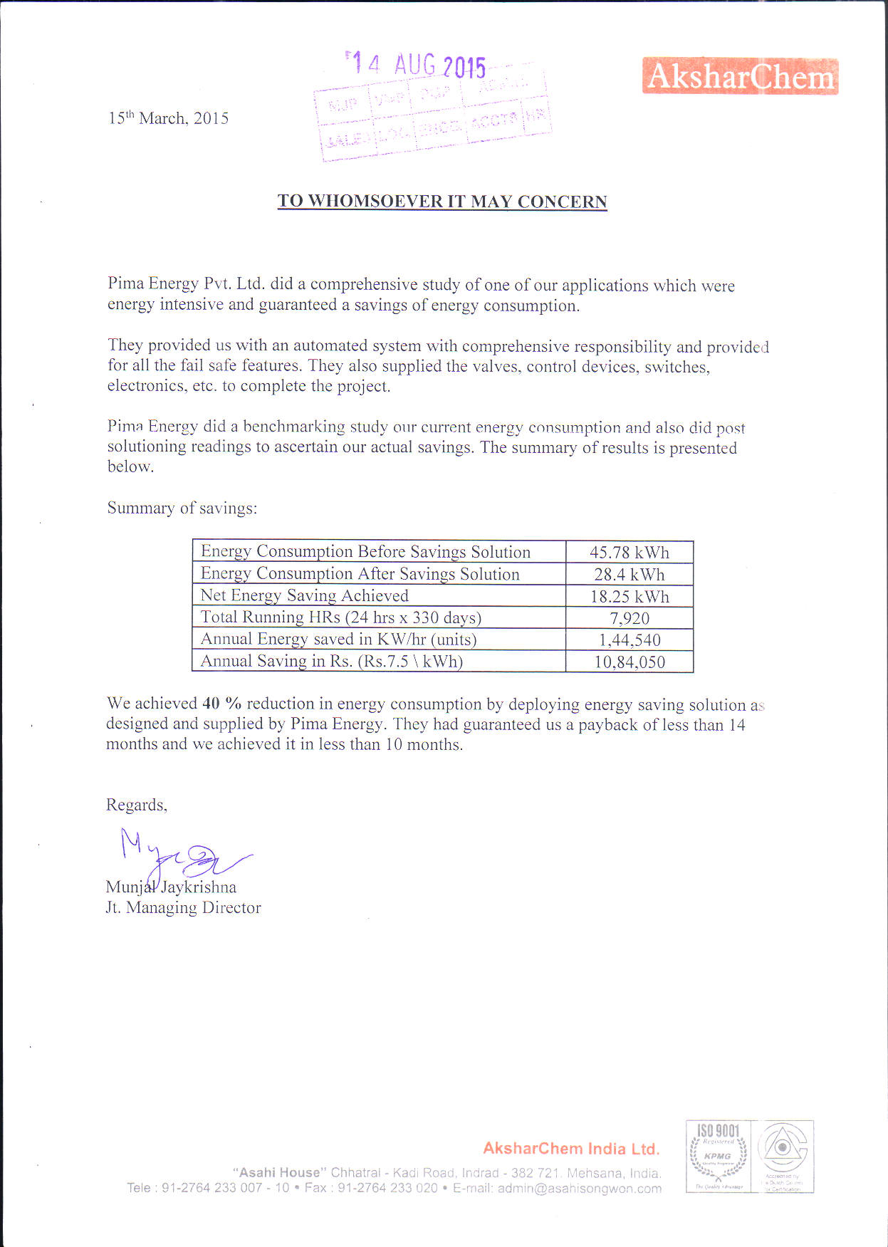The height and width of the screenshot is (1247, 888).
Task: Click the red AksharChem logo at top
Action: [740, 76]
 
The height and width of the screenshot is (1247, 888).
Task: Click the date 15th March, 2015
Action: [168, 118]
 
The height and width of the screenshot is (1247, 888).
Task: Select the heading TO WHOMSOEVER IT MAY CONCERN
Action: [442, 202]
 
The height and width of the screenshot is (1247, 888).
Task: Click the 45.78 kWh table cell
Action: [630, 553]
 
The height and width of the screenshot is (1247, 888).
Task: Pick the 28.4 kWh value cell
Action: [630, 575]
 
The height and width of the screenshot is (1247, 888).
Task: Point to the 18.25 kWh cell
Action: [630, 597]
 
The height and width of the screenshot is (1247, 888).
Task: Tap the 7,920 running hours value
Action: [630, 618]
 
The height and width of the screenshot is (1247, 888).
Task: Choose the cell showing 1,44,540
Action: [630, 640]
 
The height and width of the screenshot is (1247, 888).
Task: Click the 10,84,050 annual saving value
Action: [630, 662]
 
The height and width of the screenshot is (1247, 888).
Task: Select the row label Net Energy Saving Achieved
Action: [304, 595]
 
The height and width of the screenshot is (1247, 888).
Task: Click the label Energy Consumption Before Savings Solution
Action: [365, 552]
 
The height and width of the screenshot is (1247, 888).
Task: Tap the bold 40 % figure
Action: [221, 704]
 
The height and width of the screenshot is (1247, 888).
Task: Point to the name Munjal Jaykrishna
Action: [171, 887]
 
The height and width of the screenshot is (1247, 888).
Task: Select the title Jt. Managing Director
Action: [183, 908]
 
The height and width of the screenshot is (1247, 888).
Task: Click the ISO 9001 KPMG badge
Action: [718, 1156]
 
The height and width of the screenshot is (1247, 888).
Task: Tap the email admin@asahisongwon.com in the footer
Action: [579, 1189]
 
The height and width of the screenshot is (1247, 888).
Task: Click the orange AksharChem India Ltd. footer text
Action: [571, 1149]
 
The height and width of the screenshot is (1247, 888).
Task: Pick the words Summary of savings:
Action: [182, 508]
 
